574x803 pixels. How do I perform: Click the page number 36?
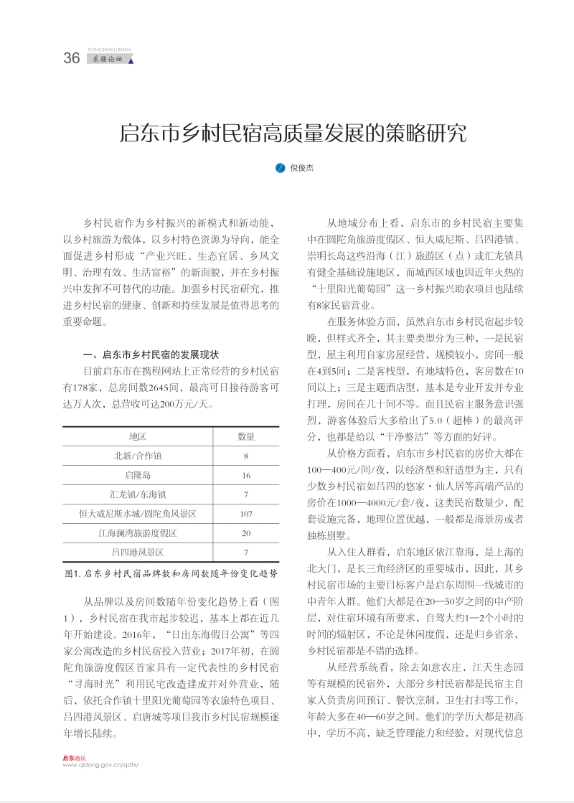pyautogui.click(x=72, y=59)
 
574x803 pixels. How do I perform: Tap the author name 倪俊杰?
pyautogui.click(x=301, y=168)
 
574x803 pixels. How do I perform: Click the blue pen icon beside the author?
pyautogui.click(x=281, y=168)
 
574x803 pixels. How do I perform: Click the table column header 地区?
pyautogui.click(x=138, y=436)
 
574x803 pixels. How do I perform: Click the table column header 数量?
pyautogui.click(x=246, y=436)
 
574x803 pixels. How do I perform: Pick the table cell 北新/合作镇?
pyautogui.click(x=138, y=456)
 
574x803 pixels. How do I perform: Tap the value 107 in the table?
pyautogui.click(x=246, y=514)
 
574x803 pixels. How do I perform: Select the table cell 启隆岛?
pyautogui.click(x=138, y=475)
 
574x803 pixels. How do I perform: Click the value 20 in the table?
pyautogui.click(x=246, y=533)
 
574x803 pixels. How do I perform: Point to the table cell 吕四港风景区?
pyautogui.click(x=138, y=553)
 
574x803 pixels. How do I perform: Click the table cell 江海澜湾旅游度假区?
pyautogui.click(x=138, y=533)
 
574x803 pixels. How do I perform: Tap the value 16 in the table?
pyautogui.click(x=246, y=475)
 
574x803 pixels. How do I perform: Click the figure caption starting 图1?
pyautogui.click(x=171, y=574)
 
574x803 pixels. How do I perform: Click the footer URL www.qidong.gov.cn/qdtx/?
pyautogui.click(x=100, y=764)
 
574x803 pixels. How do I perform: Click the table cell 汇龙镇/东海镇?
pyautogui.click(x=138, y=494)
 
